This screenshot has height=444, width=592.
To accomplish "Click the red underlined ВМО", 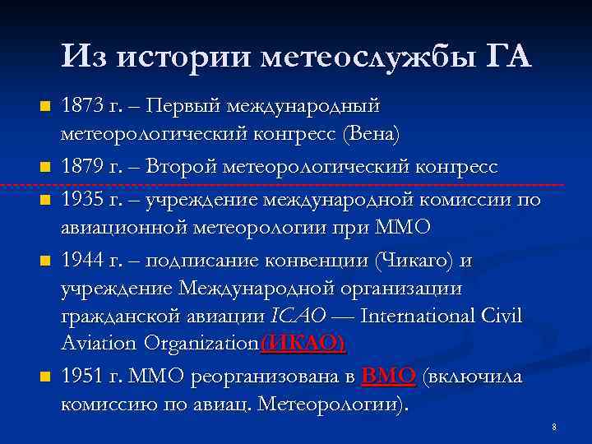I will tap(388, 376).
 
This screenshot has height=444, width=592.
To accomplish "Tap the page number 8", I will tap(554, 427).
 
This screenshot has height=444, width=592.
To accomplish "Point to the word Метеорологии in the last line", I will tap(337, 405).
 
